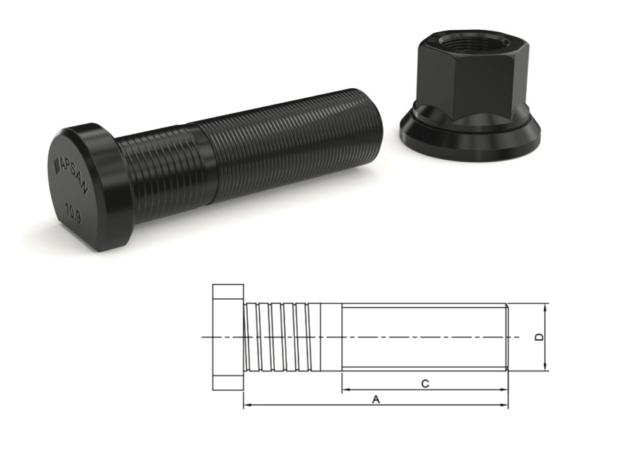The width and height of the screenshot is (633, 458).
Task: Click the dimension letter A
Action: (376, 400)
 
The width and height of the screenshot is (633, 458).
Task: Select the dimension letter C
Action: (425, 384)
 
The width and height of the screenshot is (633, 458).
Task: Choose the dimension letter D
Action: (540, 337)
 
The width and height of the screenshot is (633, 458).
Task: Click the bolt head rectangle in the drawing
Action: (228, 337)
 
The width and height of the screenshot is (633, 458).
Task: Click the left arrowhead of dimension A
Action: (248, 406)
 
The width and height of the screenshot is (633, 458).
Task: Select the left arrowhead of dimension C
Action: (346, 390)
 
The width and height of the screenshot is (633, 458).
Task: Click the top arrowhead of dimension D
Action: (546, 307)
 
